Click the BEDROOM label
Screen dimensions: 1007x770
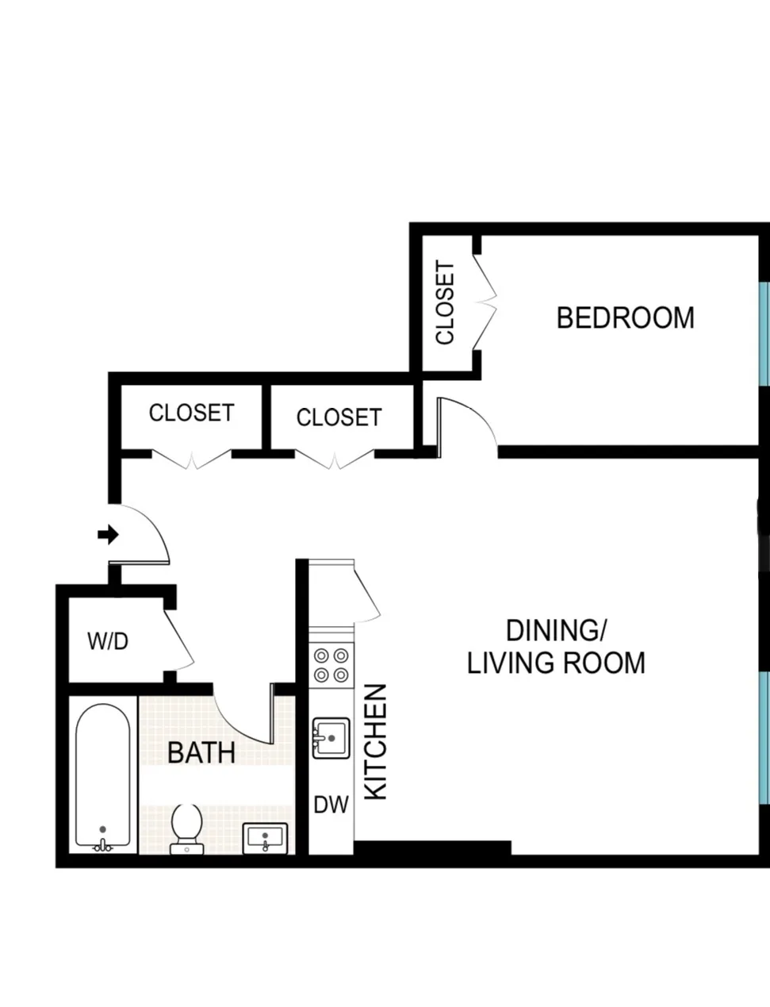pyautogui.click(x=625, y=317)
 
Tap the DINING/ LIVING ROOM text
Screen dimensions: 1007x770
pyautogui.click(x=556, y=647)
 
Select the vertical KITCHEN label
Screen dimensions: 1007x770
pyautogui.click(x=375, y=741)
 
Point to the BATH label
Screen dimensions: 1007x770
pyautogui.click(x=201, y=752)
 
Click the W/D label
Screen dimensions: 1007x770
pyautogui.click(x=108, y=641)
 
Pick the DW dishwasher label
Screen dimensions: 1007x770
pyautogui.click(x=331, y=805)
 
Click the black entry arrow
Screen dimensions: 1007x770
pyautogui.click(x=108, y=535)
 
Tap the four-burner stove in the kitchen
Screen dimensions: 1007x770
pyautogui.click(x=331, y=665)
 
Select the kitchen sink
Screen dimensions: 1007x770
pyautogui.click(x=331, y=738)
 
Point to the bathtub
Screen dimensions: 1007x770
pyautogui.click(x=102, y=778)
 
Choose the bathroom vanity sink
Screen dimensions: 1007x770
pyautogui.click(x=266, y=838)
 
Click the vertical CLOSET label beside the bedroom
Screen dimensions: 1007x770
pyautogui.click(x=446, y=303)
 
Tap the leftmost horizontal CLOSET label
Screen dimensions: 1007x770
pyautogui.click(x=191, y=413)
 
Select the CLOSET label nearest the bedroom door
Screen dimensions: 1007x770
pyautogui.click(x=339, y=417)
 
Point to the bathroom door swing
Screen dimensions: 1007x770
pyautogui.click(x=246, y=719)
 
